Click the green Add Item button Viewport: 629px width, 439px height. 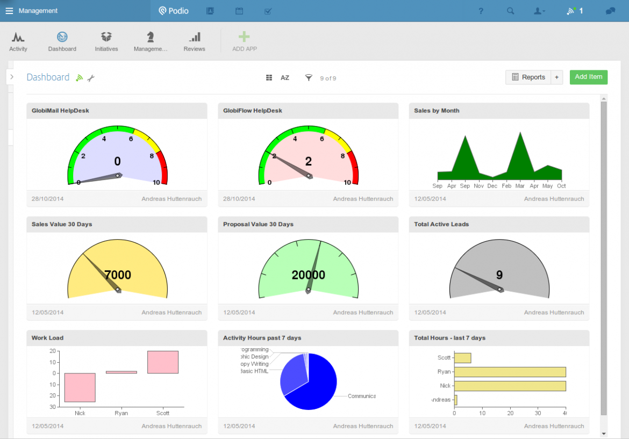588,77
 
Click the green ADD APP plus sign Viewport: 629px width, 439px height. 244,37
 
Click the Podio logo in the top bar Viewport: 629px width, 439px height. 174,11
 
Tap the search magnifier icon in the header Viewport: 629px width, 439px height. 511,11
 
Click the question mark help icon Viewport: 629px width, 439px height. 481,11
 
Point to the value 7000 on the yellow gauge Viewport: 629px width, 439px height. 118,275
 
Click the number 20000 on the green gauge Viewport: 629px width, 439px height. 309,275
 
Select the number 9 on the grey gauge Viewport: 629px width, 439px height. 499,275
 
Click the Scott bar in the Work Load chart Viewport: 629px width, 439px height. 162,362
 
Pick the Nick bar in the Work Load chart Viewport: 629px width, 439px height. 80,387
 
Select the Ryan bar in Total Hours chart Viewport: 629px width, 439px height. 510,372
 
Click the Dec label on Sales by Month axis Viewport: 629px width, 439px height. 492,186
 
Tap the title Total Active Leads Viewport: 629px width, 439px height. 441,224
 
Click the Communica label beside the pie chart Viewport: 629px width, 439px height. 361,396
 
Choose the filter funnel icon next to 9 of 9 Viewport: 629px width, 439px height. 309,78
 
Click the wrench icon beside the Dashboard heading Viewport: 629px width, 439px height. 91,78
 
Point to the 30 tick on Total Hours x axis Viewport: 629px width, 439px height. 538,413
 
